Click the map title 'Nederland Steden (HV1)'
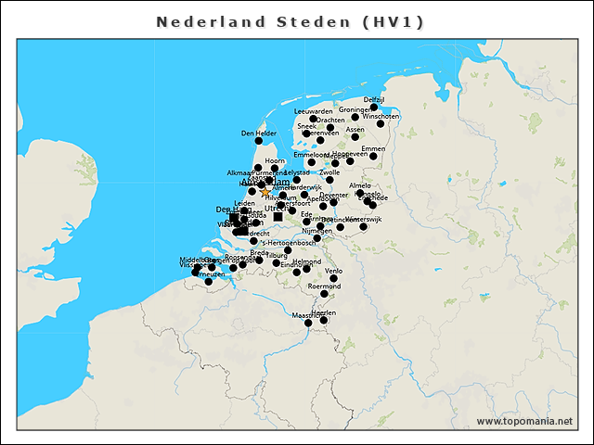[291, 21]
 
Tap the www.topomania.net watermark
[524, 421]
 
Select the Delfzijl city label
[374, 99]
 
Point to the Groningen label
[355, 109]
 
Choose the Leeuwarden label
[313, 111]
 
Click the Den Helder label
[259, 133]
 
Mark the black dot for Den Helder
[259, 141]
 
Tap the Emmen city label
[372, 148]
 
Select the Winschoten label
[381, 116]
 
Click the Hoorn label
[275, 161]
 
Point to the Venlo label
[334, 271]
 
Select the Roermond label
[324, 286]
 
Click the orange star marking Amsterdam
[265, 191]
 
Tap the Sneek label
[306, 126]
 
